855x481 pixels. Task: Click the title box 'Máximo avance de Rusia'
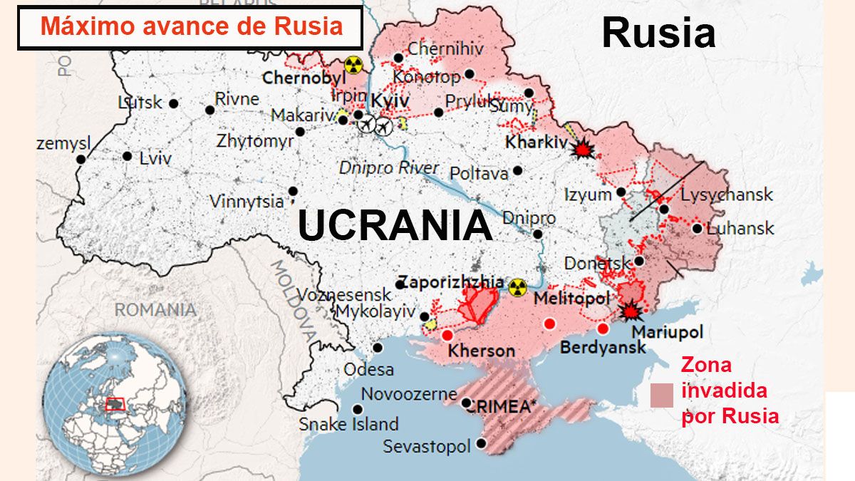point(190,27)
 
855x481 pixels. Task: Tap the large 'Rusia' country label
point(658,33)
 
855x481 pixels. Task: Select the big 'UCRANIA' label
point(395,226)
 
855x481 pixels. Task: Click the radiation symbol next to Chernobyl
point(353,65)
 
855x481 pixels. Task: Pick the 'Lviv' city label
point(155,158)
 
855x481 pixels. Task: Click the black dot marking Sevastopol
point(482,443)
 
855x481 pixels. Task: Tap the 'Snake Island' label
point(348,425)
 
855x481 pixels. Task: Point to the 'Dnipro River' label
point(389,168)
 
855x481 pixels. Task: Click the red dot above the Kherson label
point(447,336)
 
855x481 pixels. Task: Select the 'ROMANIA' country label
point(155,310)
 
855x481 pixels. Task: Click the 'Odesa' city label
point(368,370)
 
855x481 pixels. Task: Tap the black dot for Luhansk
point(697,229)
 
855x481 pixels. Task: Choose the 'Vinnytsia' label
point(247,202)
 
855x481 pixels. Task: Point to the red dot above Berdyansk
point(603,329)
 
